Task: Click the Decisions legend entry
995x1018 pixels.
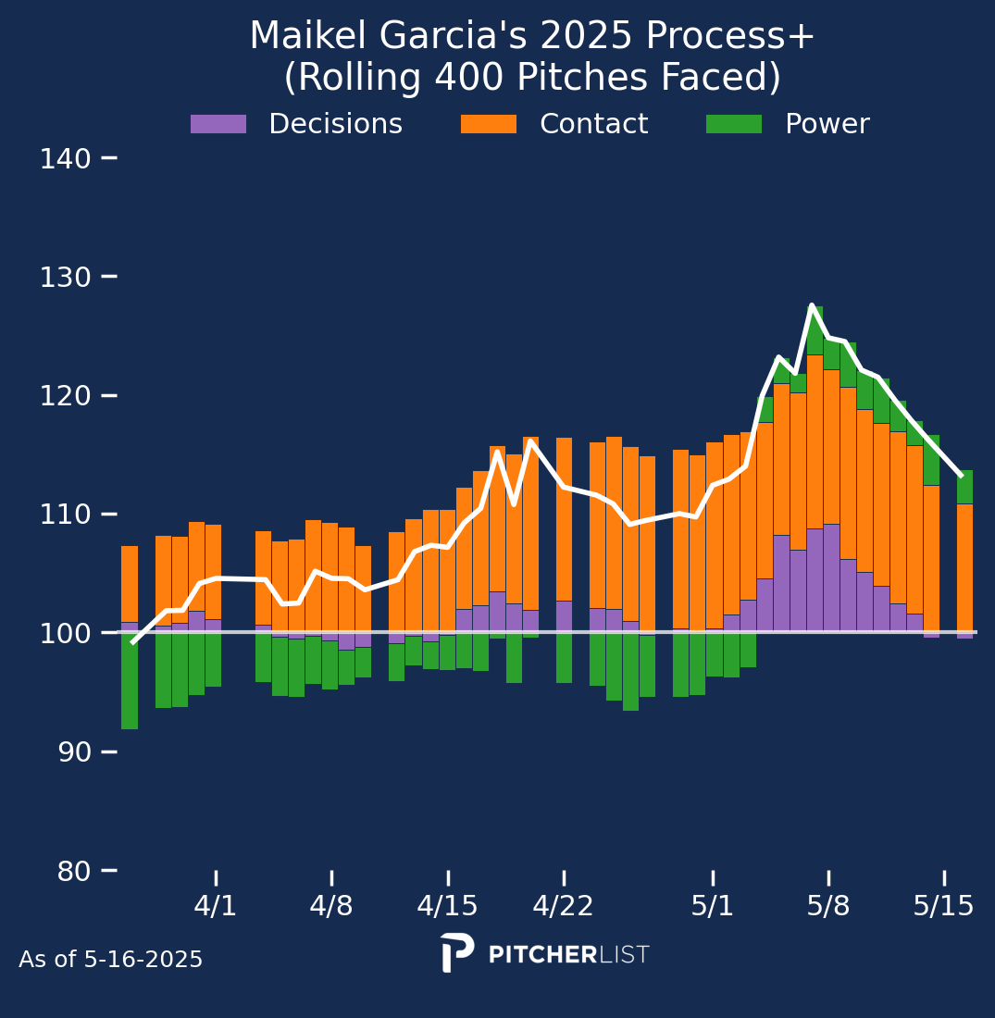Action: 335,124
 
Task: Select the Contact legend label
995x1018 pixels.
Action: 593,124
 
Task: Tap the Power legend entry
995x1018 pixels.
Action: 827,124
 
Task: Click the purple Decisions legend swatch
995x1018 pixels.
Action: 218,124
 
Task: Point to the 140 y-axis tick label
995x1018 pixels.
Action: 65,158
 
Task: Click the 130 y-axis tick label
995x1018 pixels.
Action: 65,277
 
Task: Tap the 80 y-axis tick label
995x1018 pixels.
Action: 65,871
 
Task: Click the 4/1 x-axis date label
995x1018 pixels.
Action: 216,905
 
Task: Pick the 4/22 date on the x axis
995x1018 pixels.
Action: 563,905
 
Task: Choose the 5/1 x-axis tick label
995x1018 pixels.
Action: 713,905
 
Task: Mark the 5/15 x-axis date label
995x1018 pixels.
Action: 944,905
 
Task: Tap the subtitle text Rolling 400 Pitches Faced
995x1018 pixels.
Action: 532,78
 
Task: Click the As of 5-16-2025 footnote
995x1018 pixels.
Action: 111,960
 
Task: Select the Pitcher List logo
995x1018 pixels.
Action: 545,953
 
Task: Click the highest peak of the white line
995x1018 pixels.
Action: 812,305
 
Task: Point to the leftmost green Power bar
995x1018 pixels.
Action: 130,680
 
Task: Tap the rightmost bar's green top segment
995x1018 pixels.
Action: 964,487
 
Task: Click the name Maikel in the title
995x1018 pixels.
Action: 295,37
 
